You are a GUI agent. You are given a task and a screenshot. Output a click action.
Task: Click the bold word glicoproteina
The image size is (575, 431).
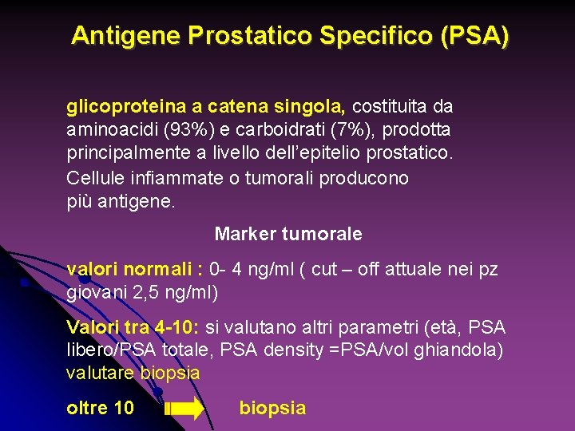(x=121, y=106)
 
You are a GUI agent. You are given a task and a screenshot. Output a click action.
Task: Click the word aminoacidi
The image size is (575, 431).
(x=105, y=129)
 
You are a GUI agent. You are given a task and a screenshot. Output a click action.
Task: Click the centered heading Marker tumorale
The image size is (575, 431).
(x=287, y=235)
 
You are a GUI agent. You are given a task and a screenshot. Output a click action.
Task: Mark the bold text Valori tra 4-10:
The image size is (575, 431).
(x=133, y=328)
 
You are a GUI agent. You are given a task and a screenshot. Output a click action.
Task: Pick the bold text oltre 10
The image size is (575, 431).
(x=100, y=408)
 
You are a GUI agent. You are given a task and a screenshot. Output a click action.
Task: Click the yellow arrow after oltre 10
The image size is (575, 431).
(x=184, y=409)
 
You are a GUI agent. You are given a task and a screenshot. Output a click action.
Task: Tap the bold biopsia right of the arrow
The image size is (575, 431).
(x=272, y=408)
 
